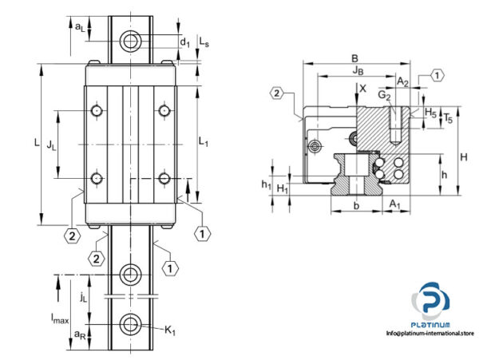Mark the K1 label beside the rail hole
pos(170,329)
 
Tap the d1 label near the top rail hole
pos(184,40)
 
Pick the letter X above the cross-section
pos(364,89)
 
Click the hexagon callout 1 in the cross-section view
pos(437,76)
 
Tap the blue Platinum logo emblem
pos(430,302)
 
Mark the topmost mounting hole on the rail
pos(129,40)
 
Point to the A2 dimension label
pos(402,81)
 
